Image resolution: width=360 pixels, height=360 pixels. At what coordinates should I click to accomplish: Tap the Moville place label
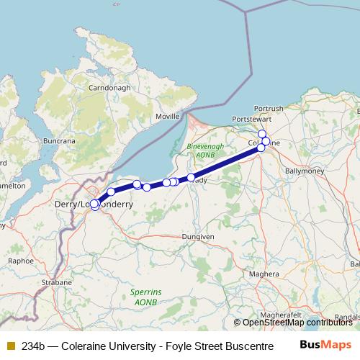point(167,116)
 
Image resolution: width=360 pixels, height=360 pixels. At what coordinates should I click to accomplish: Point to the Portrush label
point(269,108)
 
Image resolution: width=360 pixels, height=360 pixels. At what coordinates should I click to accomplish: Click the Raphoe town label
point(20,261)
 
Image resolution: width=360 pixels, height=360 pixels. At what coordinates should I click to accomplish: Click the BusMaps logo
point(325,345)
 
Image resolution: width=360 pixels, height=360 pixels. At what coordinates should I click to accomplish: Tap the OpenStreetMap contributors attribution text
point(297,322)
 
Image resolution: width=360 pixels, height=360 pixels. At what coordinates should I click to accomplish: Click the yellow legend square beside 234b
point(11,346)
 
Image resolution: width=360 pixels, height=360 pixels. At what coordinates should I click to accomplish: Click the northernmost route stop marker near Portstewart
point(262,134)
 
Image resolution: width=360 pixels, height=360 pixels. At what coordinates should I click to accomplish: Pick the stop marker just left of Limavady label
point(191,177)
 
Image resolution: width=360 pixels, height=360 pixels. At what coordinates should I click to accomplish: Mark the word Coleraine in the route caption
point(84,346)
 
